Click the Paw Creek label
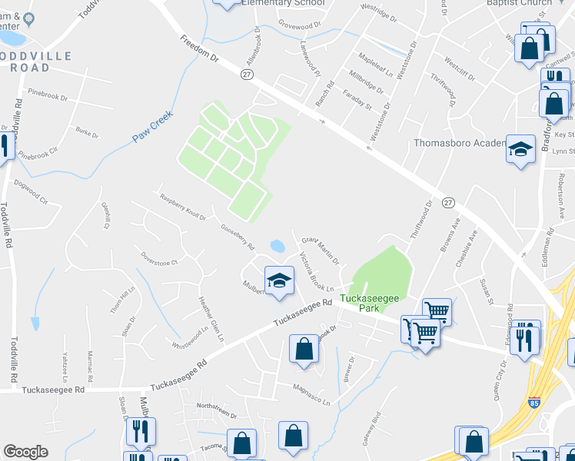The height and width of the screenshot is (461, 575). point(152,126)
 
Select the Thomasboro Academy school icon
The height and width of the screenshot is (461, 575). point(520,149)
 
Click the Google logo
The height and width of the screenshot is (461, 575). point(25,451)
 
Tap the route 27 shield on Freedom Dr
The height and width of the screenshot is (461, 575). point(247,74)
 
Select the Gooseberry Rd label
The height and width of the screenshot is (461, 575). point(238,237)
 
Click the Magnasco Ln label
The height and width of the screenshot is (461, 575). point(311,395)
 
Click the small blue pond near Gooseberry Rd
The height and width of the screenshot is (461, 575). point(278,247)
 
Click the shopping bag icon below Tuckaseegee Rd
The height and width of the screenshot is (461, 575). point(304,349)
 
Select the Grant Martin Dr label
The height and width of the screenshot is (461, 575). point(320,250)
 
